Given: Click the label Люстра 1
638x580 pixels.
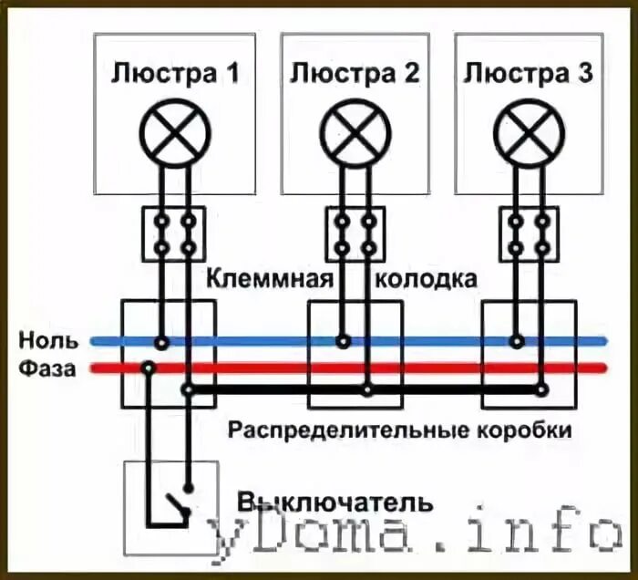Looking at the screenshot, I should [x=176, y=73].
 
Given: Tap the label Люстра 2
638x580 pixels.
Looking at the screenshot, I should [x=355, y=73].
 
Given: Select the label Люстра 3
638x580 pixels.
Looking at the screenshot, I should [x=529, y=73].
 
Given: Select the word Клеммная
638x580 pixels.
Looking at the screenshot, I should [x=265, y=279].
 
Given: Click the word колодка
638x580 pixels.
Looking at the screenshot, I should [x=426, y=279].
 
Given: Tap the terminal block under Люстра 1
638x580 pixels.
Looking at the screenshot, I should [x=174, y=233].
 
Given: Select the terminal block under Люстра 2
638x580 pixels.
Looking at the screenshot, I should [x=355, y=233].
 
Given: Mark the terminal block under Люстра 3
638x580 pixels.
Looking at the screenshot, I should [x=530, y=233].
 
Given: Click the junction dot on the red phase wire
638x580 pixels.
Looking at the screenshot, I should [x=148, y=368].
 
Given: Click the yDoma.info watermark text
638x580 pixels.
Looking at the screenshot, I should [x=415, y=537].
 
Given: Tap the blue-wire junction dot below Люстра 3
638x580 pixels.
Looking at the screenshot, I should [x=517, y=342].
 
